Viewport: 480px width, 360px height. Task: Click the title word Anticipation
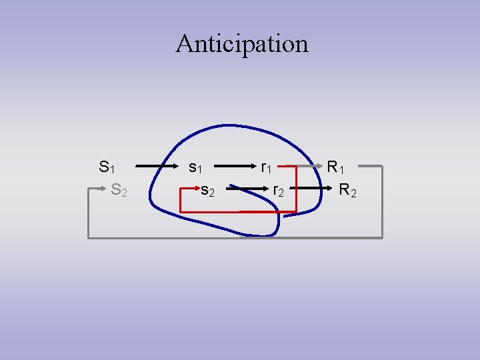click(x=242, y=44)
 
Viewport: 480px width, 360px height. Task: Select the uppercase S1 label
click(x=106, y=167)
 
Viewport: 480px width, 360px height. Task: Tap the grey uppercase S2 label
click(x=120, y=191)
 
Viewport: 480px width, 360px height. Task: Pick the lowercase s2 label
click(x=208, y=191)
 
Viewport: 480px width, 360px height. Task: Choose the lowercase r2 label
click(x=279, y=191)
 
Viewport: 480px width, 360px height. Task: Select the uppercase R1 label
click(x=335, y=167)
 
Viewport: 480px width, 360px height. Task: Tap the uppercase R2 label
click(x=348, y=191)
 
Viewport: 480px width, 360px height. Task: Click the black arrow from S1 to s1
click(x=159, y=166)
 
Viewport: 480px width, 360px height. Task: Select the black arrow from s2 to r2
click(x=243, y=190)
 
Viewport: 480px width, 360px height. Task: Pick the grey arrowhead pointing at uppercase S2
click(x=105, y=190)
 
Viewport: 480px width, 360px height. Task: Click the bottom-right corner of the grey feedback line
click(x=382, y=237)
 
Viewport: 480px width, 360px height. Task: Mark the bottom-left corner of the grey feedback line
click(x=89, y=237)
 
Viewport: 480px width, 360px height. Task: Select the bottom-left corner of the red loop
click(x=182, y=212)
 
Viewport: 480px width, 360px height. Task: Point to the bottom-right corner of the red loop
click(x=295, y=212)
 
